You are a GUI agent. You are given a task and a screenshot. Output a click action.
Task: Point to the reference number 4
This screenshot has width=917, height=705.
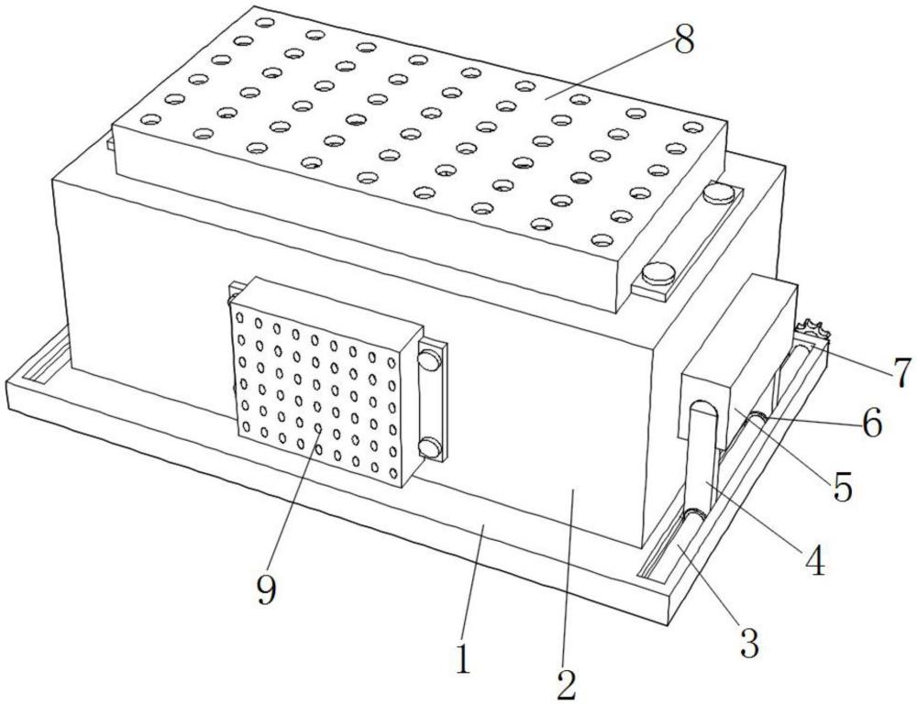tap(814, 560)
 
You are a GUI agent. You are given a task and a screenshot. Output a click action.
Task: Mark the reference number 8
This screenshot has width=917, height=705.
tap(684, 40)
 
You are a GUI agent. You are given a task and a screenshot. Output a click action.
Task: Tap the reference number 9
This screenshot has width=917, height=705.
tap(266, 591)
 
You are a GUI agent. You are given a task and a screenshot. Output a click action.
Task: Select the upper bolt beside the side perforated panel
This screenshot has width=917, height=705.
tap(429, 359)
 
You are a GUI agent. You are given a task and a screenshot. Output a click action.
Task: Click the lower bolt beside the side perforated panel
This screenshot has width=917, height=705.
tap(430, 447)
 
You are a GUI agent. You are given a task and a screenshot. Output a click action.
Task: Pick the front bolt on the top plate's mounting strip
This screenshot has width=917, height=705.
tap(658, 273)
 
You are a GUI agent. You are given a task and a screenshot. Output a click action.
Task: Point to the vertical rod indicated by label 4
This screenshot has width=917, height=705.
tap(702, 457)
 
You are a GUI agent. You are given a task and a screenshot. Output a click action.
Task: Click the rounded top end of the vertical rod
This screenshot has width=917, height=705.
tap(702, 407)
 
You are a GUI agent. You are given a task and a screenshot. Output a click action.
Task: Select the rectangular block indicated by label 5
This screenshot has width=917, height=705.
tap(738, 362)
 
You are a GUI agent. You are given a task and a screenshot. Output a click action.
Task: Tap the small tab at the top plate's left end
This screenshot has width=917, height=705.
tap(109, 143)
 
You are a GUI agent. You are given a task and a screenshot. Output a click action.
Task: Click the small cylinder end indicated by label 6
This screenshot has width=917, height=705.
tap(757, 419)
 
